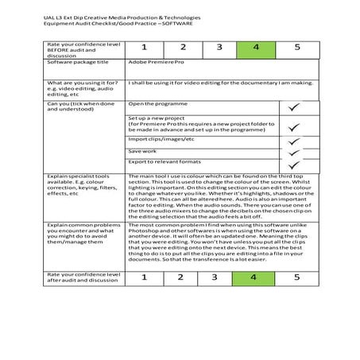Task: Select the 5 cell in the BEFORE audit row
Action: [297, 48]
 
